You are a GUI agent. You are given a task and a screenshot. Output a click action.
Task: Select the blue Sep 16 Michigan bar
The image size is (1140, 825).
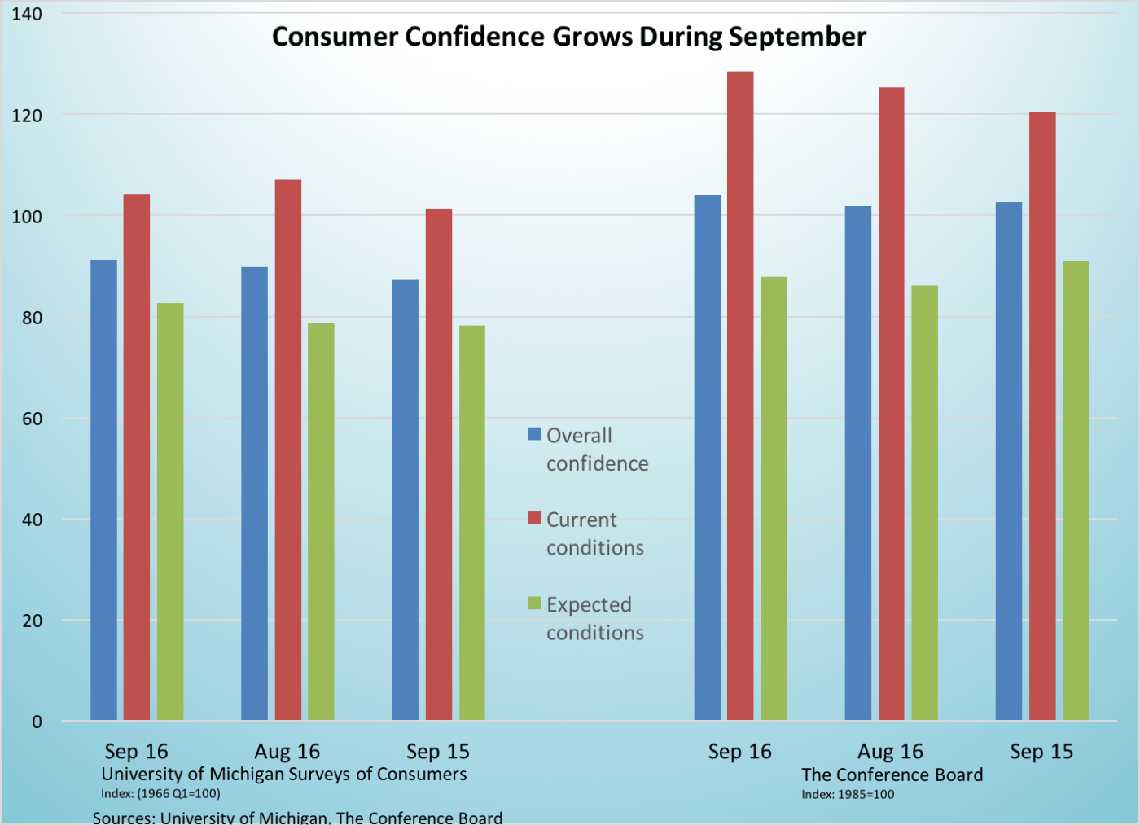pyautogui.click(x=103, y=489)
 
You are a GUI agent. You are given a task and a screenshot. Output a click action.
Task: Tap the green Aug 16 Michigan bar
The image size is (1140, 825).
pyautogui.click(x=321, y=521)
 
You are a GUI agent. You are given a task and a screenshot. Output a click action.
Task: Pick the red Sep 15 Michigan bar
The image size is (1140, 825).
pyautogui.click(x=439, y=464)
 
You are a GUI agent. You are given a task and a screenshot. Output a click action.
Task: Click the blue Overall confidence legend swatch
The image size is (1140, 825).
pyautogui.click(x=535, y=434)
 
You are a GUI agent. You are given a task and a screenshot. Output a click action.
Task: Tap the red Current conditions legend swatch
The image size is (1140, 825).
pyautogui.click(x=535, y=518)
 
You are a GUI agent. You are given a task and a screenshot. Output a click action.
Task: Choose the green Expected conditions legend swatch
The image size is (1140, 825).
pyautogui.click(x=535, y=603)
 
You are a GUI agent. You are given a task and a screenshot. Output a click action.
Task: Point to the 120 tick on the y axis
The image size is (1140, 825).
pyautogui.click(x=27, y=116)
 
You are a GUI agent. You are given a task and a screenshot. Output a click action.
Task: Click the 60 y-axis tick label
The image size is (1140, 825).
pyautogui.click(x=32, y=419)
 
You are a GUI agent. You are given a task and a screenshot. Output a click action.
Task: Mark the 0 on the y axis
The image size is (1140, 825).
pyautogui.click(x=37, y=722)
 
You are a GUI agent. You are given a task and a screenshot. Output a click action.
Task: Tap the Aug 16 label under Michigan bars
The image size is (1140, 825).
pyautogui.click(x=287, y=751)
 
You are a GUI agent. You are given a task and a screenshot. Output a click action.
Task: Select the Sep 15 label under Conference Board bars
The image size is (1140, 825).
pyautogui.click(x=1041, y=751)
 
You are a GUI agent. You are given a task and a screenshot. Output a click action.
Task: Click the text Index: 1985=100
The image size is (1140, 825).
pyautogui.click(x=848, y=794)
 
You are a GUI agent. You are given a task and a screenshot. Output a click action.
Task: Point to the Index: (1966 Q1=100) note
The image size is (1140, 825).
pyautogui.click(x=160, y=793)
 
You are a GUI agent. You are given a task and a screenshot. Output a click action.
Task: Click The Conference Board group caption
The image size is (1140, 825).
pyautogui.click(x=892, y=775)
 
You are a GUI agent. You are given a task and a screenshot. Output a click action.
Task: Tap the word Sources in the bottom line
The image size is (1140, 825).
pyautogui.click(x=123, y=817)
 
